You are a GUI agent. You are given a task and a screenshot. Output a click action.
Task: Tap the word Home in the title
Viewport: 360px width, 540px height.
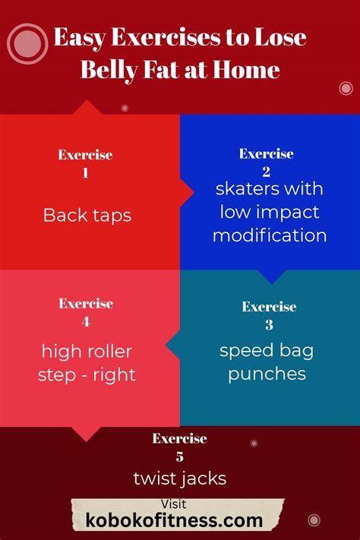(x=246, y=70)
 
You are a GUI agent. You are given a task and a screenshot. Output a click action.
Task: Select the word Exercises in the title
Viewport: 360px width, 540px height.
(x=166, y=37)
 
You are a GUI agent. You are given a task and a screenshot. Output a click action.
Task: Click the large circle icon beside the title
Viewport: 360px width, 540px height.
(x=27, y=44)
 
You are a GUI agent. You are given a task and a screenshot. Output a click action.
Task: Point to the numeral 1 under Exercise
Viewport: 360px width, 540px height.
(x=85, y=172)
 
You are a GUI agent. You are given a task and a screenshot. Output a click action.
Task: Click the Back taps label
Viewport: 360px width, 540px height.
(x=87, y=216)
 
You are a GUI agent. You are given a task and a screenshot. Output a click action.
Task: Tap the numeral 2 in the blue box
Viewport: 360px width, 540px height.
(x=266, y=172)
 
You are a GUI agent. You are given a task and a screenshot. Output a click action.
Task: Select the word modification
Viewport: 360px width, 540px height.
(x=270, y=235)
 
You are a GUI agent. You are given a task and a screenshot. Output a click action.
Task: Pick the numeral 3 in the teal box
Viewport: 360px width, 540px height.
(x=269, y=324)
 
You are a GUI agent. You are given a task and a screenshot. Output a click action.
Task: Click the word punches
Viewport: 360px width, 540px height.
(x=267, y=374)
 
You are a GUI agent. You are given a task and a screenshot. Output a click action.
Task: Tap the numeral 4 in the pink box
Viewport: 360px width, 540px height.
(x=86, y=322)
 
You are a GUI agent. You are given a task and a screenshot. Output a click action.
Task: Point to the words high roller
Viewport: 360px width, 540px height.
(x=87, y=352)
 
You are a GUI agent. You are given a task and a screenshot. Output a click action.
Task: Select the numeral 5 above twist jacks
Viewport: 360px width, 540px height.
(x=179, y=456)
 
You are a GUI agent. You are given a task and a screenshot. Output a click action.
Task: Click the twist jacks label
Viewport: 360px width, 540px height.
(x=180, y=478)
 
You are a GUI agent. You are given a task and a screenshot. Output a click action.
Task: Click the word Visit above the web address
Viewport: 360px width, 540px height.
(x=174, y=504)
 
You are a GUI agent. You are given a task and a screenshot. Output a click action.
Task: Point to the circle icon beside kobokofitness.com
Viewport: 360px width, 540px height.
(x=314, y=520)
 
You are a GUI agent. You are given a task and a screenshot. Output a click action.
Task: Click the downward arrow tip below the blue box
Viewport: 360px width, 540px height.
(x=272, y=284)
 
